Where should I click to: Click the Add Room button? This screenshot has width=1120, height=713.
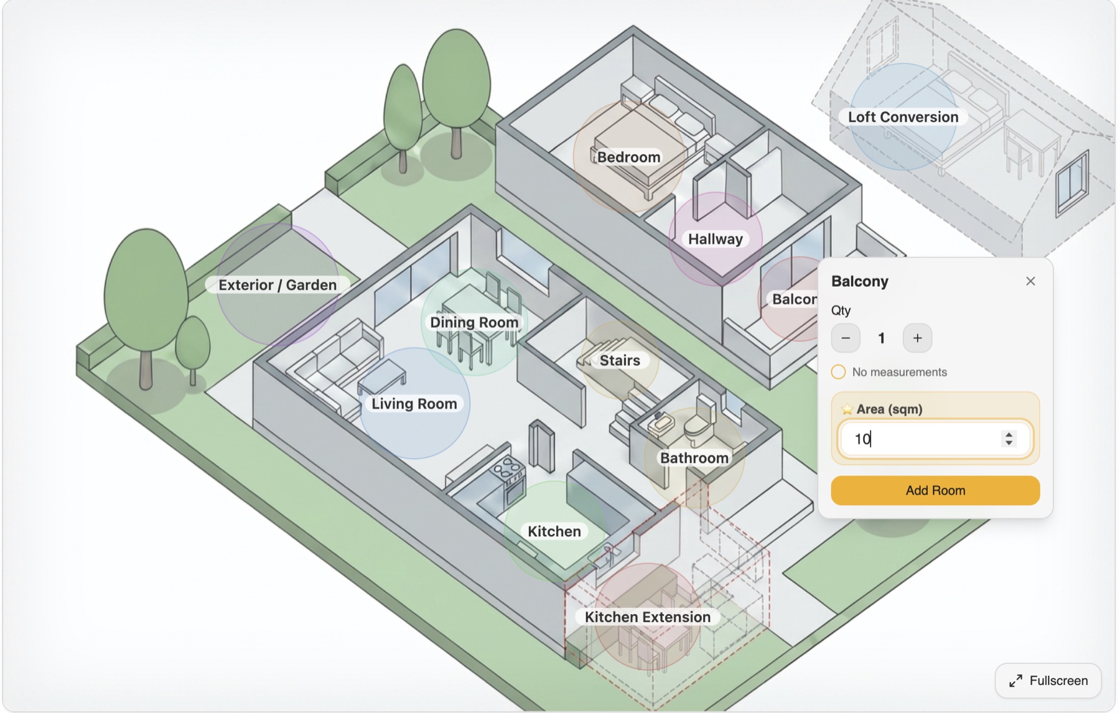point(935,490)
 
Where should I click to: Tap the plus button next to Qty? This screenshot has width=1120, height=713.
point(917,338)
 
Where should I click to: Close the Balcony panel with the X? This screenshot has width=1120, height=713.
point(1030,281)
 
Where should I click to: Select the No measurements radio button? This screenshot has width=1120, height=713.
point(838,372)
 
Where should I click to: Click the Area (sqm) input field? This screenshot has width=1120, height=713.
point(921,439)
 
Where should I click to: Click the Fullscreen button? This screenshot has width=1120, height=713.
point(1048,681)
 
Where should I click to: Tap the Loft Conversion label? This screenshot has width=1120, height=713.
point(903,117)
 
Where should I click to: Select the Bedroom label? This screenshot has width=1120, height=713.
point(628,157)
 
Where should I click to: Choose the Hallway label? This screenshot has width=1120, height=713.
point(715,239)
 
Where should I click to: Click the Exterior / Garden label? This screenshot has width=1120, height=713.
point(278,285)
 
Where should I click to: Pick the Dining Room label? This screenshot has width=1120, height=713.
point(474,322)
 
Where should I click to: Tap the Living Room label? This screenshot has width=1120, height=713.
point(414,404)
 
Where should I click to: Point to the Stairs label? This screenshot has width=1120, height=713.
point(620,360)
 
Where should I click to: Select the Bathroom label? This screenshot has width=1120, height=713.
point(694,458)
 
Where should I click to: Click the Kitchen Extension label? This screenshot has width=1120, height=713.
point(647,617)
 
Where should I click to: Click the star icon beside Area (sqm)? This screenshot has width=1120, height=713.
point(847,409)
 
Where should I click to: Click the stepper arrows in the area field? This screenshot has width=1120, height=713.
point(1009,439)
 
